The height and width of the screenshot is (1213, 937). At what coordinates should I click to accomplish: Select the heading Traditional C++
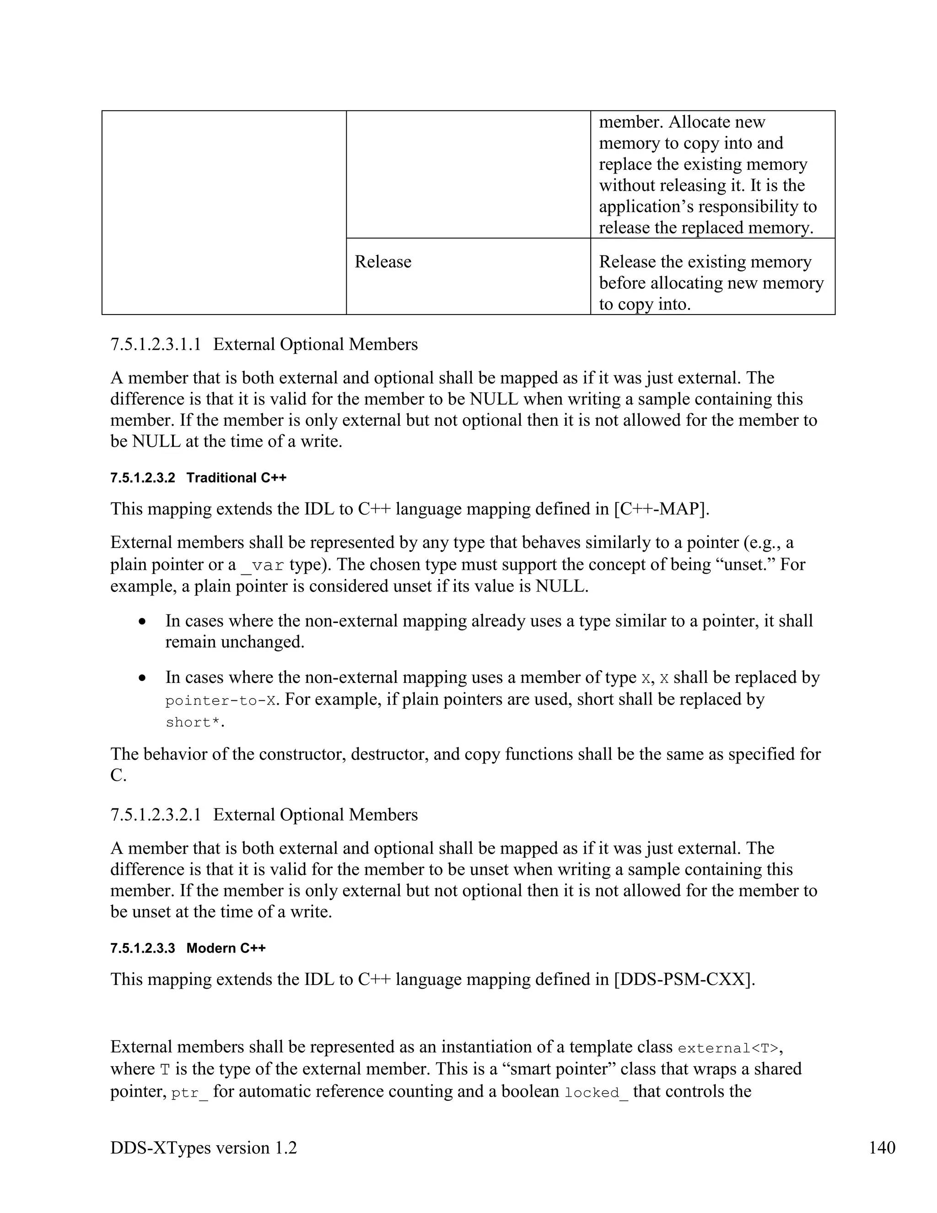[x=237, y=477]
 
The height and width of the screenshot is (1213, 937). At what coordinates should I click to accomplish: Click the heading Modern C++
[x=226, y=948]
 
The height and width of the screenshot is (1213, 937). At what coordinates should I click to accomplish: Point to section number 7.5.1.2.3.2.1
[x=156, y=815]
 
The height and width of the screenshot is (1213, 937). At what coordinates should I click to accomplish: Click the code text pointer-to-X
[x=221, y=701]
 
